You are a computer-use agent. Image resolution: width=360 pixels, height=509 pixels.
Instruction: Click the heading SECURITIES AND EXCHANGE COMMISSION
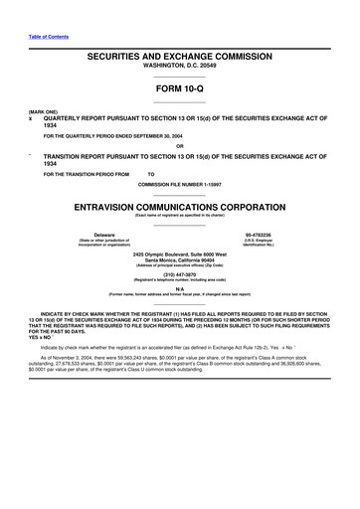pyautogui.click(x=179, y=60)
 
